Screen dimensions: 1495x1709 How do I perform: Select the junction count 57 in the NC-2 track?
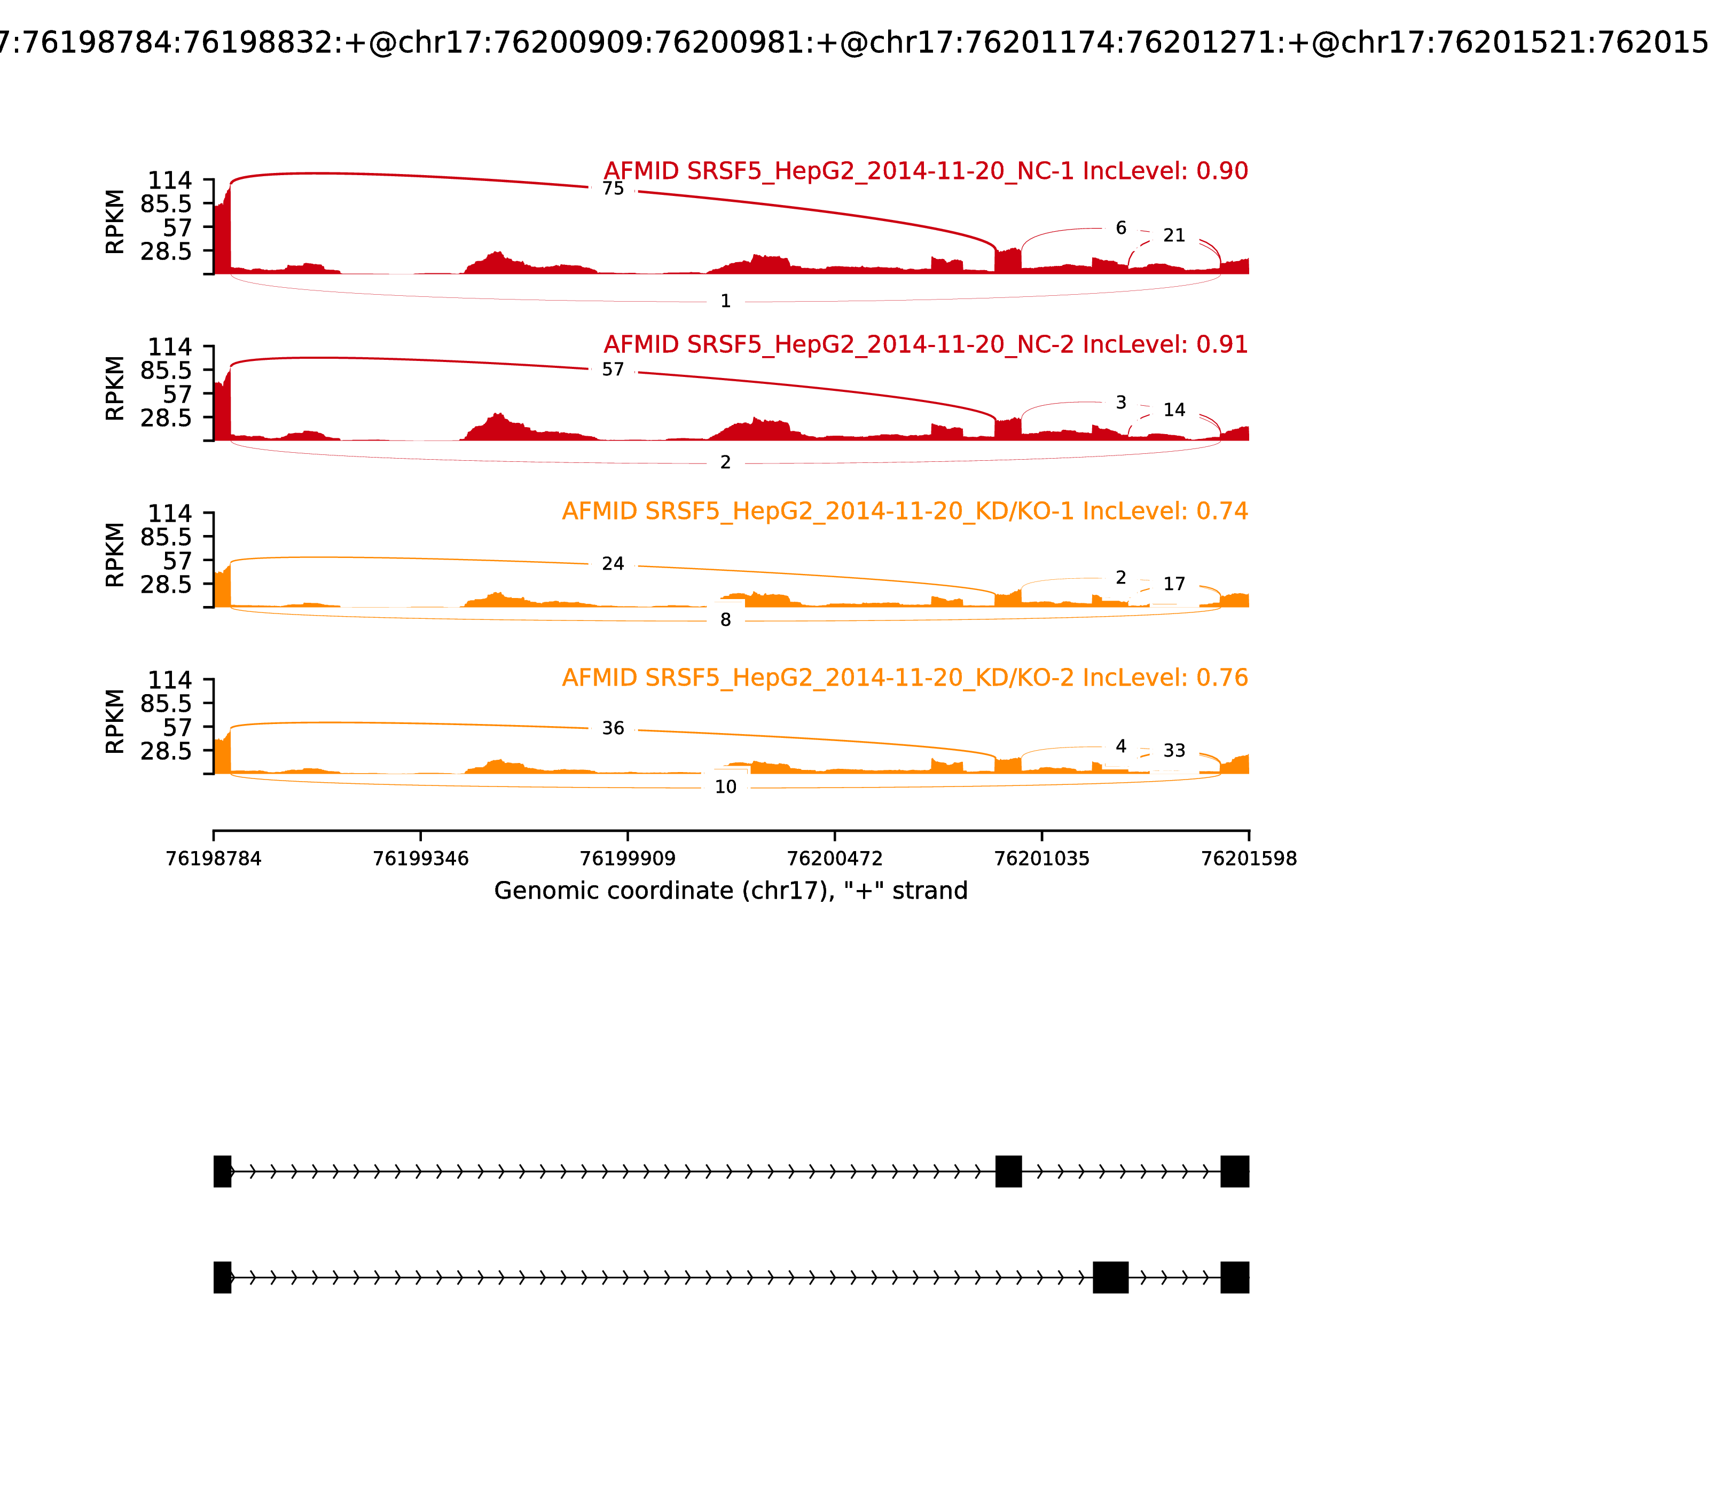(x=613, y=369)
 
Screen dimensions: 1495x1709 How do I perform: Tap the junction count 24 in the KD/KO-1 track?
(x=613, y=564)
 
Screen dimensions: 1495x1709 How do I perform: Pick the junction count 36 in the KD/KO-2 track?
(x=613, y=728)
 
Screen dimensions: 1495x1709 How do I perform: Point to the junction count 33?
(x=1174, y=751)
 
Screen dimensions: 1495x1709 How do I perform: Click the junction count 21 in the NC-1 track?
(x=1174, y=236)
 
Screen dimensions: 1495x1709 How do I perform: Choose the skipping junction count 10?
(x=725, y=786)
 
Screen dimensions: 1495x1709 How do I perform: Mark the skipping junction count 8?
(x=725, y=620)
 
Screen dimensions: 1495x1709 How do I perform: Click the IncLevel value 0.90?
(x=1222, y=171)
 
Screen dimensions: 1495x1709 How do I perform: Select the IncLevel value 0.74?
(x=1222, y=512)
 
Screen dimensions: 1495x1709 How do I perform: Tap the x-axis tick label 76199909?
(x=628, y=859)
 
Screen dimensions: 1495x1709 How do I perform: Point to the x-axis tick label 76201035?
(x=1041, y=859)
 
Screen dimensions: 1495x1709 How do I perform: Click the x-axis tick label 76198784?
(x=214, y=859)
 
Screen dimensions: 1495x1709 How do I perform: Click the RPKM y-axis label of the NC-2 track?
(x=115, y=388)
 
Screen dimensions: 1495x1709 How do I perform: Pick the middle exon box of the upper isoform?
(x=1008, y=1171)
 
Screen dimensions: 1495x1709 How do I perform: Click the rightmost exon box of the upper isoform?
(x=1234, y=1171)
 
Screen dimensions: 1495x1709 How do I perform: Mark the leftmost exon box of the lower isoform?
(x=222, y=1277)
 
